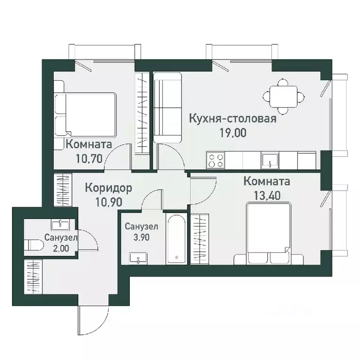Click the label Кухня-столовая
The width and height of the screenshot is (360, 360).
coord(233,118)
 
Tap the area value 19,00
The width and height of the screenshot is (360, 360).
coord(233,132)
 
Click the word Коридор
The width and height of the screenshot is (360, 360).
coord(108,188)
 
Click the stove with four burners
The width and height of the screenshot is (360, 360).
coord(216,160)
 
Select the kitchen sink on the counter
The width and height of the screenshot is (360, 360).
coord(270,161)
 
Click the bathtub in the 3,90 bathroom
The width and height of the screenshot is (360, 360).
coord(176,239)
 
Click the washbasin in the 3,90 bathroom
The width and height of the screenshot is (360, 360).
coord(139,257)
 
